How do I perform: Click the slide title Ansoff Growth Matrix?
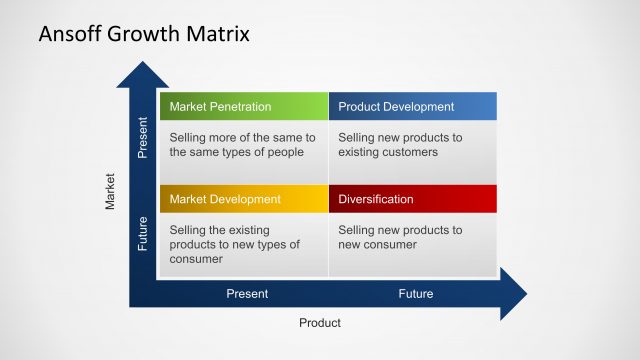[144, 33]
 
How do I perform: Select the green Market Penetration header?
[243, 107]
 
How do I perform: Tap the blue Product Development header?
[412, 107]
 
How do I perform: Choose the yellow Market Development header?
[243, 199]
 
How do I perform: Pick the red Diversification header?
[412, 199]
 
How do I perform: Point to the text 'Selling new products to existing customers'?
[400, 145]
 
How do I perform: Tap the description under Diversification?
[400, 237]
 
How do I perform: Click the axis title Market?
[111, 192]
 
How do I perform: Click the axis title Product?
[320, 323]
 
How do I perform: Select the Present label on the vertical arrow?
[142, 139]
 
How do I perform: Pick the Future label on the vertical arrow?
[142, 233]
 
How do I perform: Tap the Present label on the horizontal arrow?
[247, 294]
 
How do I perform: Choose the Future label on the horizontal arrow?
[416, 294]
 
